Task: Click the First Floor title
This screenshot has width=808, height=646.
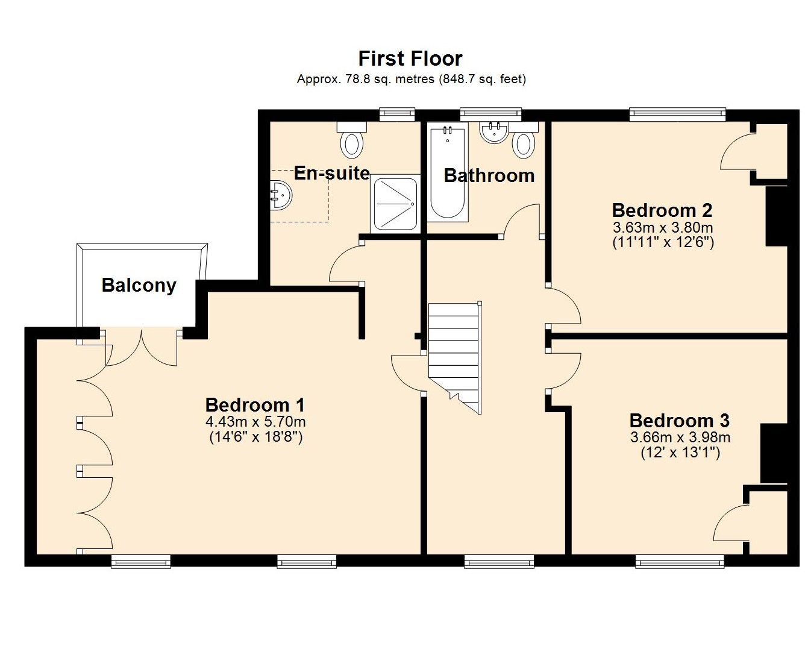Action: coord(410,58)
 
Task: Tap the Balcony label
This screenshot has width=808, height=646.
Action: coord(139,285)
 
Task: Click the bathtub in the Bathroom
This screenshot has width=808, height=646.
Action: coord(448,173)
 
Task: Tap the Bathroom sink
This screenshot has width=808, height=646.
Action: coord(493,132)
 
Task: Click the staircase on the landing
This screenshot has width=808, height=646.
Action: coord(455,358)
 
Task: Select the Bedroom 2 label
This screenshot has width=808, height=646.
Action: coord(662,210)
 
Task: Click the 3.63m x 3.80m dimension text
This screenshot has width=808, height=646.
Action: coord(663,228)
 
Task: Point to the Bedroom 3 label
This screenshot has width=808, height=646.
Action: coord(680,421)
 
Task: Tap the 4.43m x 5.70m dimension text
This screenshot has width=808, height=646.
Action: coord(255,422)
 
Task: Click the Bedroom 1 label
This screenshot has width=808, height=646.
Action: coord(255,405)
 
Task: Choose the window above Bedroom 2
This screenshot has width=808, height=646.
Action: coord(677,114)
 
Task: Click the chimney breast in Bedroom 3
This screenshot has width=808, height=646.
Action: coord(774,453)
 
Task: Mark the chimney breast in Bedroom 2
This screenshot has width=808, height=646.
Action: coord(776,216)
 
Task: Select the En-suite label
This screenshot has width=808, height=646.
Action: coord(332,173)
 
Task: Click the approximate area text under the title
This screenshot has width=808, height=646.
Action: coord(411,80)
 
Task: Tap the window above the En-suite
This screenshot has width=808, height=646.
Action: coord(397,114)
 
